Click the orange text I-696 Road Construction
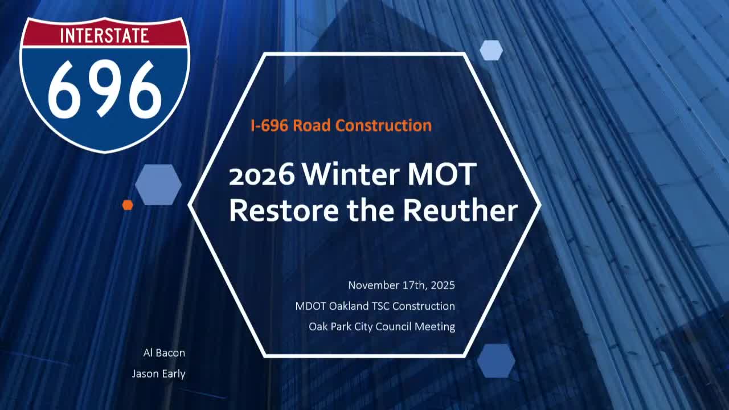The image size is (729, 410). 341,125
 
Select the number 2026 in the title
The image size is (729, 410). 262,175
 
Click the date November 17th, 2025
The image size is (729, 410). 402,285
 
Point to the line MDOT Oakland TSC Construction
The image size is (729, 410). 375,306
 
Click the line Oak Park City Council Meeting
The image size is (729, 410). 382,327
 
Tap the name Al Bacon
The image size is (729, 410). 164,353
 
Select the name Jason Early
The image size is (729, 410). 158,374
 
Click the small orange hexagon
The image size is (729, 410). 128,205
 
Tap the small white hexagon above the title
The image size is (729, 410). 491,50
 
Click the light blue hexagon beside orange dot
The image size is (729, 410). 158,184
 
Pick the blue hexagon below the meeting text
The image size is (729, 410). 495,360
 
